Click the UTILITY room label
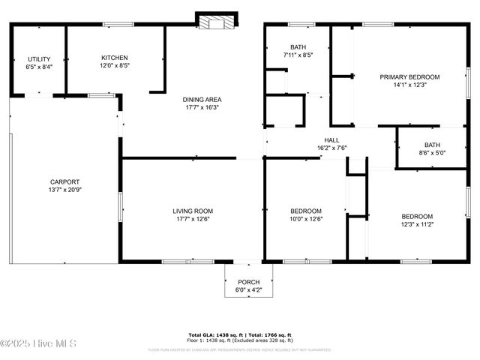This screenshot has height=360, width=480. (x=39, y=59)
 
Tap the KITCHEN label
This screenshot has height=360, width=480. (x=115, y=58)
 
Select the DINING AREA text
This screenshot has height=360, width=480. (x=202, y=99)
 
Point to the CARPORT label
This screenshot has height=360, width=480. (x=64, y=181)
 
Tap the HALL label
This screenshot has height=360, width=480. (x=331, y=140)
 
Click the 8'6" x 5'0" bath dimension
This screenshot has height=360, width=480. (x=431, y=153)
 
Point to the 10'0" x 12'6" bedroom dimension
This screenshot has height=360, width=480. (x=306, y=219)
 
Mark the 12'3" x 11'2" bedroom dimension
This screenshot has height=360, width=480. (x=416, y=224)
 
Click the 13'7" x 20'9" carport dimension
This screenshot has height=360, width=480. (x=64, y=190)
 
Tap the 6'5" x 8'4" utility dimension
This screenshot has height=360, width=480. (x=39, y=67)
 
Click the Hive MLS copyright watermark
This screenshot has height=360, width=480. (x=38, y=343)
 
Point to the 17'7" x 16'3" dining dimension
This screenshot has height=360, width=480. (x=202, y=107)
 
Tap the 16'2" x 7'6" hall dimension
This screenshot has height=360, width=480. (x=331, y=148)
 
